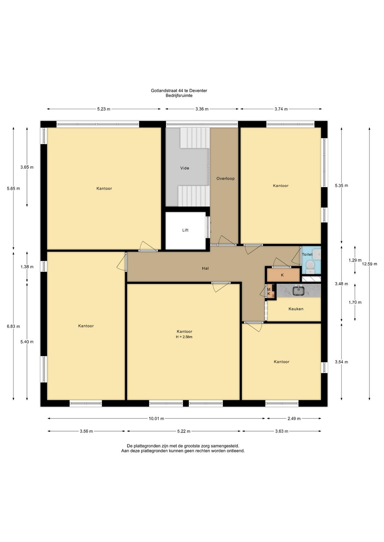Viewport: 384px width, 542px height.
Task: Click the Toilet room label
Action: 307,254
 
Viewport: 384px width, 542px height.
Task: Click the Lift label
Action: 185,230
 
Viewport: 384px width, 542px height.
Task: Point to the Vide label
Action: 185,168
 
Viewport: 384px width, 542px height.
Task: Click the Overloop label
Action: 225,179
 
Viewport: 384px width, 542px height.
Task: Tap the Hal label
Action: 205,268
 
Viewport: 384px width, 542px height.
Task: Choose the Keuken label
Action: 296,309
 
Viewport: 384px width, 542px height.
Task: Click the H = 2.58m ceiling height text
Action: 184,337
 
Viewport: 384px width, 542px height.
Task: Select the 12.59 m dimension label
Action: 369,264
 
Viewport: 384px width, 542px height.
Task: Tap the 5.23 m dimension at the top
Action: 104,109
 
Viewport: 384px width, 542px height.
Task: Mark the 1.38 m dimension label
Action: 27,267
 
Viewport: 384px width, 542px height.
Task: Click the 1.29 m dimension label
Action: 355,260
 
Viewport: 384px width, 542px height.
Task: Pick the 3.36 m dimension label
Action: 202,109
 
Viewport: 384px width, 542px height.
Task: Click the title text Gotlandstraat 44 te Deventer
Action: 179,91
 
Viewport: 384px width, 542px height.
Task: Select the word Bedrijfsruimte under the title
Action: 179,95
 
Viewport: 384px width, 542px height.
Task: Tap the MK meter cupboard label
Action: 269,292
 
